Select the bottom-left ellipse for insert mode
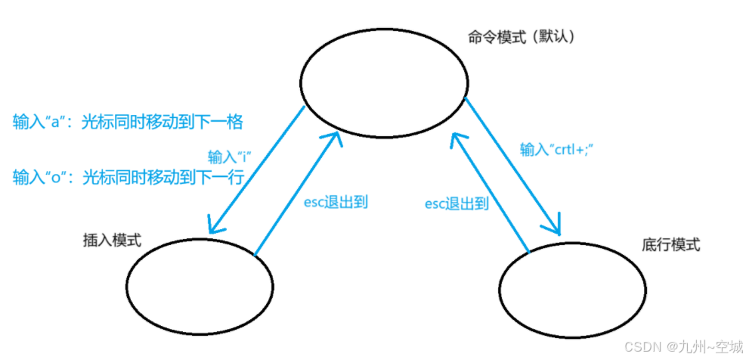pyautogui.click(x=199, y=285)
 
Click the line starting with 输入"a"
pyautogui.click(x=127, y=122)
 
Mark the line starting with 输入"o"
pyautogui.click(x=127, y=178)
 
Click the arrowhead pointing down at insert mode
pyautogui.click(x=215, y=225)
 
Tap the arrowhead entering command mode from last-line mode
pyautogui.click(x=457, y=138)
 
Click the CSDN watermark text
pyautogui.click(x=641, y=346)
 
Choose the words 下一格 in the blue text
pyautogui.click(x=222, y=122)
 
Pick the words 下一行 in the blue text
pyautogui.click(x=222, y=178)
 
